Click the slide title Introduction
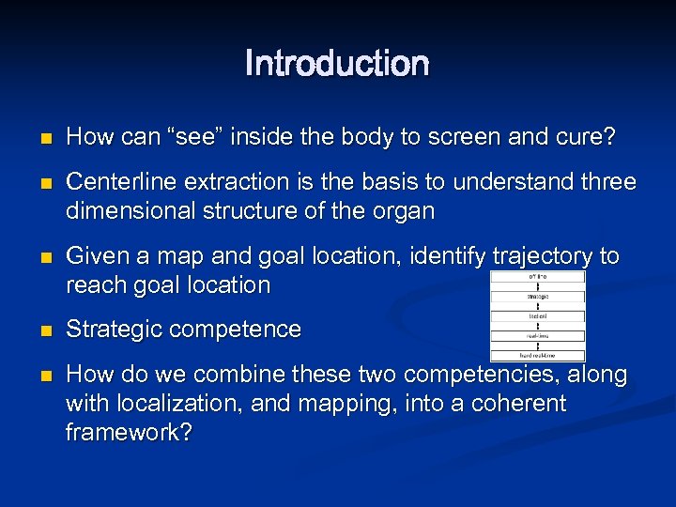(x=337, y=64)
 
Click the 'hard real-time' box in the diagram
(x=537, y=356)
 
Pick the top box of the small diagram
(x=537, y=276)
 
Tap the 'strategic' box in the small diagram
(x=537, y=296)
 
